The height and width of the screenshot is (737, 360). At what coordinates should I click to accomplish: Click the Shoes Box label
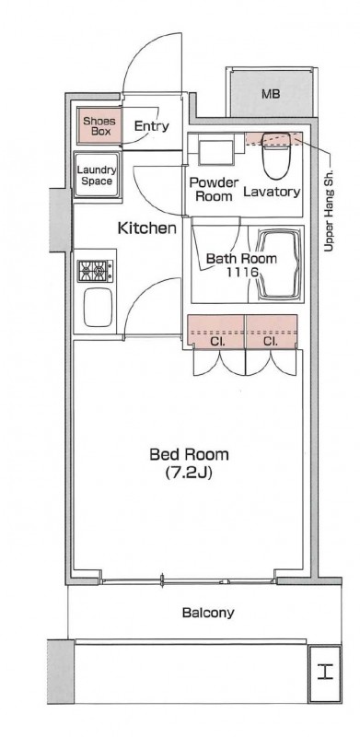tap(99, 126)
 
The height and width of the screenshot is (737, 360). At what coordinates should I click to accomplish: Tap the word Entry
tap(151, 126)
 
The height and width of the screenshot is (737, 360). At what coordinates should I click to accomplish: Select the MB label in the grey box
tap(271, 94)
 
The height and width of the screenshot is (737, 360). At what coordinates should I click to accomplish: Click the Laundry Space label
tap(97, 175)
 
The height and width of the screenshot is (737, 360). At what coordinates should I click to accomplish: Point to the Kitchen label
tap(146, 228)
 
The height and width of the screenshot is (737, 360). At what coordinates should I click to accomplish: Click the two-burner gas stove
tap(96, 271)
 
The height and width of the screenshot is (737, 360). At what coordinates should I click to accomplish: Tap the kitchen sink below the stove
tap(99, 308)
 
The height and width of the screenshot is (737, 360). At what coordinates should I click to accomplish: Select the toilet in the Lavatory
tap(276, 156)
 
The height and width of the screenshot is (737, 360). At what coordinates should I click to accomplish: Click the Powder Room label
tap(214, 189)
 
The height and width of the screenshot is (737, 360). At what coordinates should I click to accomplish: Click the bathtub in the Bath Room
tap(280, 264)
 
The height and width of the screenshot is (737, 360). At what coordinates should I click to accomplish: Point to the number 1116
tap(242, 271)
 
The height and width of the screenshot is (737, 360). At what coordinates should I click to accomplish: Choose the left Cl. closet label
tap(216, 342)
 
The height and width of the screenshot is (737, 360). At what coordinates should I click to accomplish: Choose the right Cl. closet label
tap(270, 342)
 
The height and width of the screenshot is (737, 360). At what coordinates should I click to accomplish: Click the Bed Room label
tap(189, 454)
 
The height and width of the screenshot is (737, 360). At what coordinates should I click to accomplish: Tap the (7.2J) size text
tap(189, 473)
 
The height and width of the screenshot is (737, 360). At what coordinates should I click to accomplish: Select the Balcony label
tap(208, 613)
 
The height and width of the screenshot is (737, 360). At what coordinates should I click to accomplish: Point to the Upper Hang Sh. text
tap(329, 210)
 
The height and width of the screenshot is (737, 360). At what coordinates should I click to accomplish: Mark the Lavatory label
tap(272, 192)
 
